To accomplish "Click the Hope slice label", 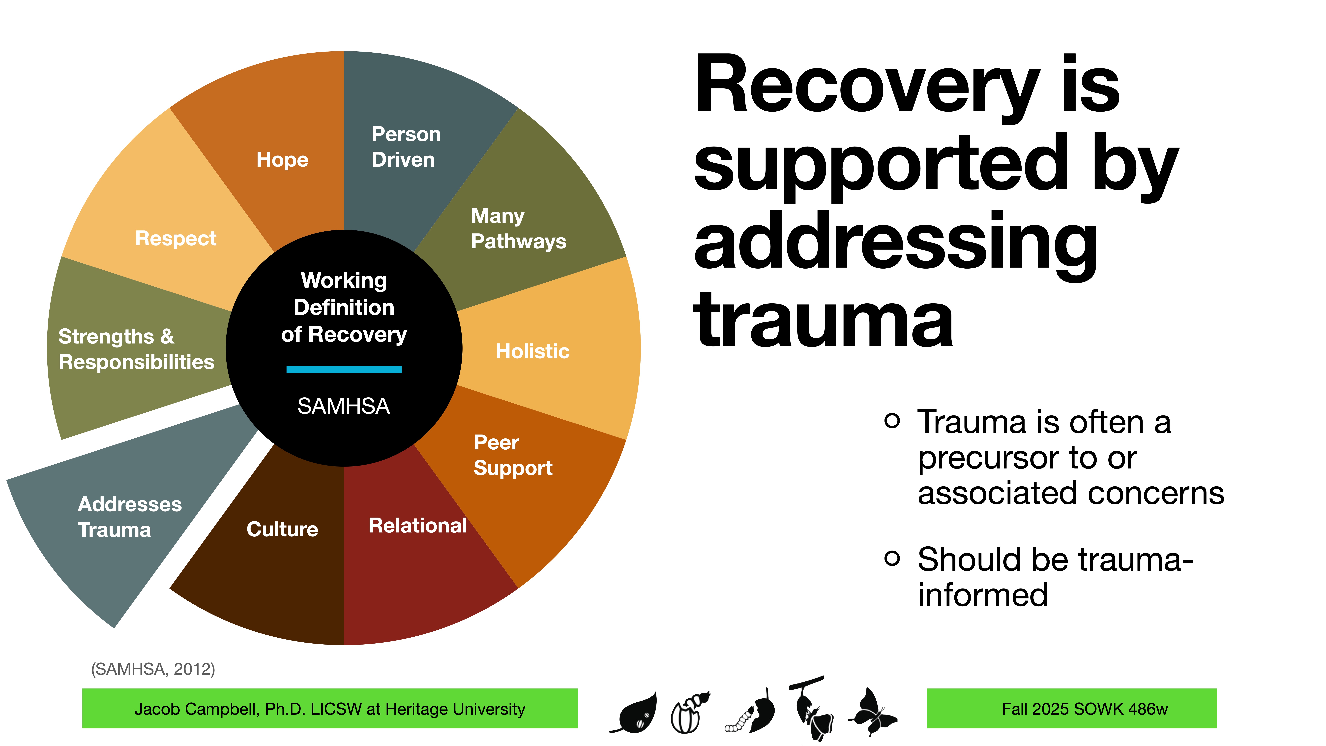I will pos(282,160).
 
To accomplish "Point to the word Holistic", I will pos(532,351).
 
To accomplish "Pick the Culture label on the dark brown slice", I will pos(282,529).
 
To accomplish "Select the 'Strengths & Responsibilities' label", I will pos(136,349).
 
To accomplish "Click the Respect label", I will pos(176,238).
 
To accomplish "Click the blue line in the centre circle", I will pos(344,369).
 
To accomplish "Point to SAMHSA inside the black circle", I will pos(344,406).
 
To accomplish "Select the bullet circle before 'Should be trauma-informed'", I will pos(892,558).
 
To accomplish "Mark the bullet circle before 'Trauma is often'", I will pos(892,421).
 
